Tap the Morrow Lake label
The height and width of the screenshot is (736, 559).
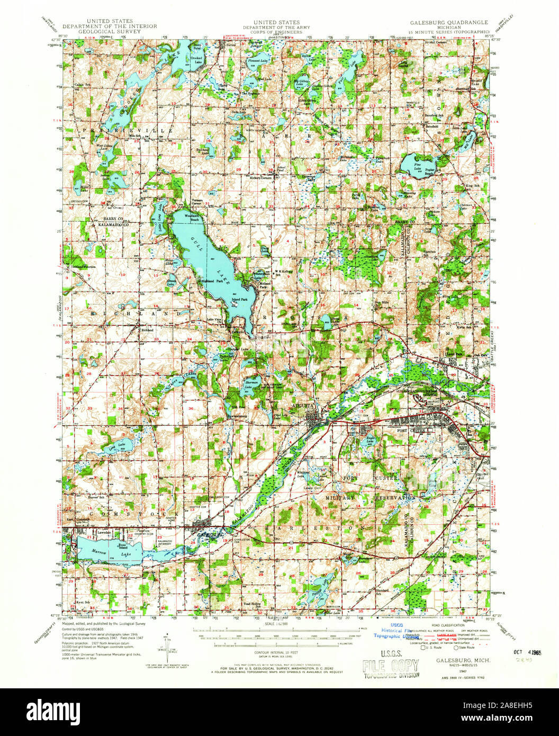(100, 553)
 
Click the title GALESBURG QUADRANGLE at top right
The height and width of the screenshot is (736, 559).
(449, 23)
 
